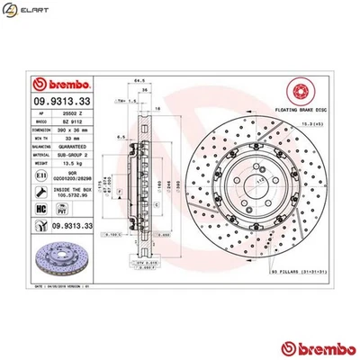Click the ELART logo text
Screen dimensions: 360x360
pos(28,12)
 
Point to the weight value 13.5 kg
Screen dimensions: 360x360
pos(73,165)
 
